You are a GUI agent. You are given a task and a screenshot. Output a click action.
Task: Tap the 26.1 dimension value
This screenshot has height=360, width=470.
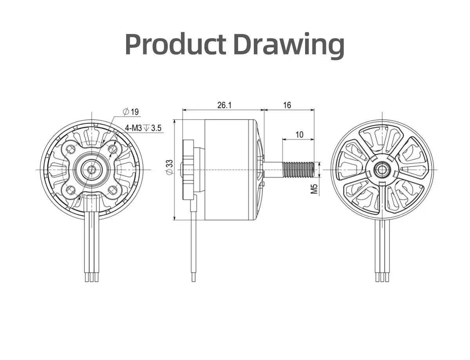coord(224,105)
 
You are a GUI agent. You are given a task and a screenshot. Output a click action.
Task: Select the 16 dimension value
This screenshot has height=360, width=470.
coord(287,105)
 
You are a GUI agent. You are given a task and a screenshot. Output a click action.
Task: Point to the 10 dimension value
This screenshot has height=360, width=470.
coord(299,135)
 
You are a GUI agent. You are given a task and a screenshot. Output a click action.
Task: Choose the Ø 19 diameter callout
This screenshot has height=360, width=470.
coord(131,112)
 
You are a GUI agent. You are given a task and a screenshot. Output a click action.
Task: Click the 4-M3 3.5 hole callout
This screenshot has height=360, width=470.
coord(143,128)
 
